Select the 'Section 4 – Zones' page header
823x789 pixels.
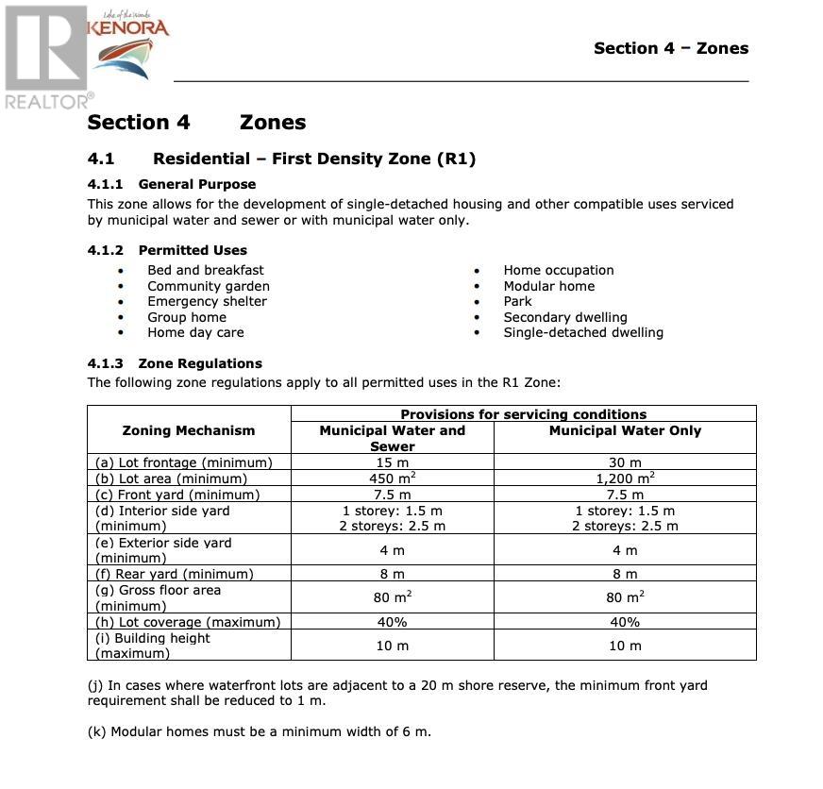coord(670,48)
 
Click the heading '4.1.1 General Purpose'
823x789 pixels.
coord(171,184)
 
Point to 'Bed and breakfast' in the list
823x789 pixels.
coord(205,270)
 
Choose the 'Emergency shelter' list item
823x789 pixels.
coord(207,301)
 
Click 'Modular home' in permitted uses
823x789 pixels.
coord(548,286)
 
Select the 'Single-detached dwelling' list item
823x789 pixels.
coord(582,332)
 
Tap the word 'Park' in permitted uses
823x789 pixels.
coord(517,301)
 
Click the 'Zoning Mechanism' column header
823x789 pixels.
coord(189,430)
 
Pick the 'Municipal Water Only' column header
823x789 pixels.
coord(625,430)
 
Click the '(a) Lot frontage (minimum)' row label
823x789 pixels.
coord(184,462)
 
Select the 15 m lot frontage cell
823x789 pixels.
coord(392,462)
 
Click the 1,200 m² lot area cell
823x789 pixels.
coord(625,478)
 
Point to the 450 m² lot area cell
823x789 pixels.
coord(392,478)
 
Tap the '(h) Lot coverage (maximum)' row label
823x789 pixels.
coord(188,622)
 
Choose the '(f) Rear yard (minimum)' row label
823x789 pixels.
coord(174,574)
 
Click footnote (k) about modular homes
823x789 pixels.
coord(260,731)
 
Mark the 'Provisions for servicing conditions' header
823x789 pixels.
coord(523,414)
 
